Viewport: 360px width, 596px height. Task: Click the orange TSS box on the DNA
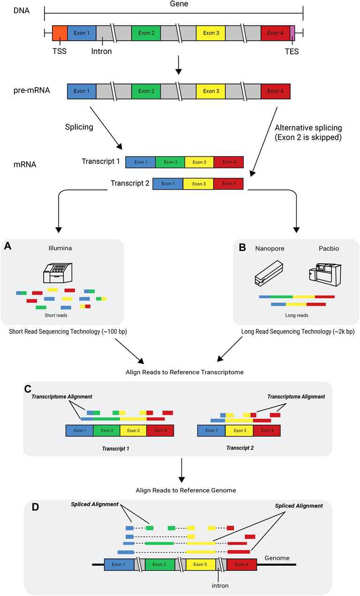pyautogui.click(x=60, y=33)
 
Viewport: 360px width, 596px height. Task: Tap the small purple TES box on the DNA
pyautogui.click(x=292, y=33)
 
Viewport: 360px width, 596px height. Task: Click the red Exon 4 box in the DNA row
pyautogui.click(x=275, y=33)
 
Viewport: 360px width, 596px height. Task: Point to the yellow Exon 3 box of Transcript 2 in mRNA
pyautogui.click(x=198, y=184)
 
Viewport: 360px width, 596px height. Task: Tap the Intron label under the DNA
pyautogui.click(x=102, y=51)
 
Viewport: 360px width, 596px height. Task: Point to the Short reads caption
pyautogui.click(x=56, y=315)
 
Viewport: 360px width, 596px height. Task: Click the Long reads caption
pyautogui.click(x=297, y=315)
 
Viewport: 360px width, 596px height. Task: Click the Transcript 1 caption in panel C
pyautogui.click(x=115, y=448)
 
